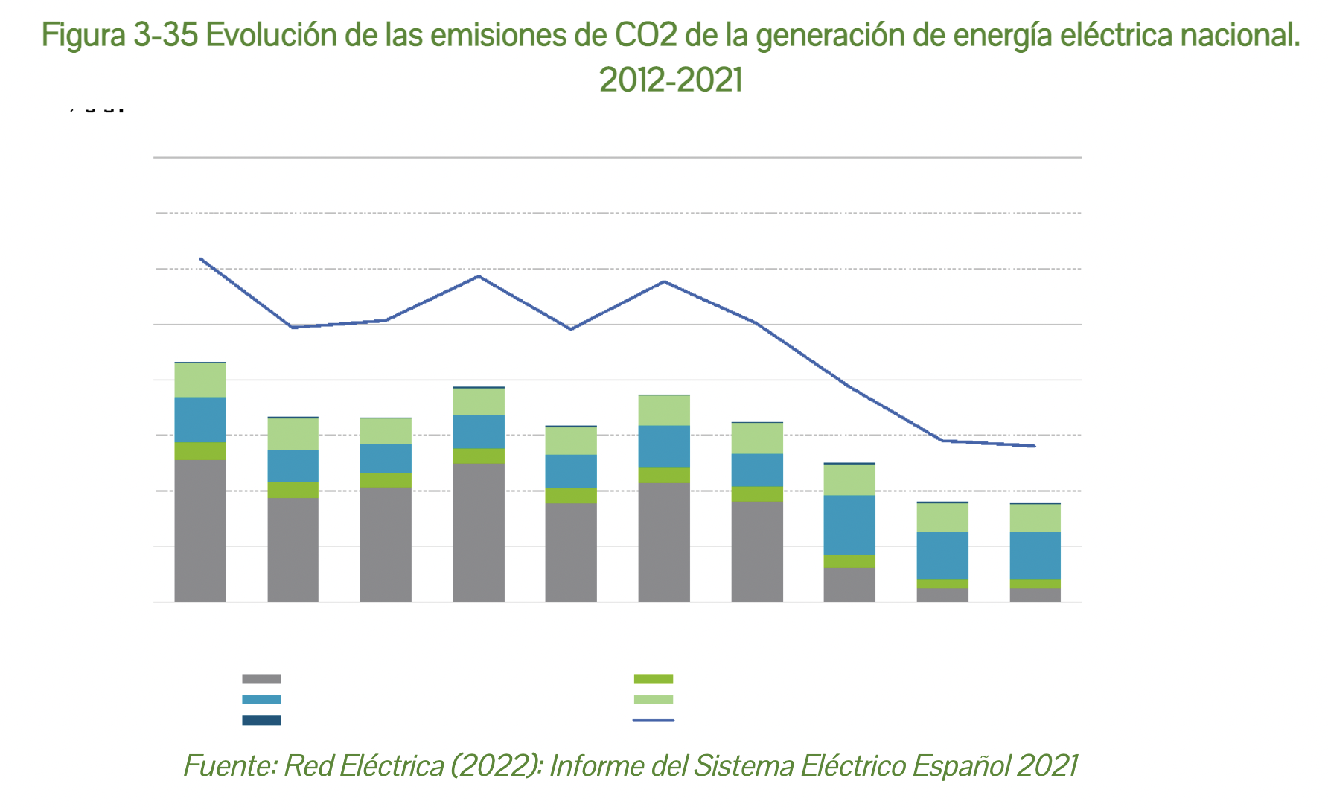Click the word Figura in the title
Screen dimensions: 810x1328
(83, 36)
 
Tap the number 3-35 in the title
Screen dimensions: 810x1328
(165, 36)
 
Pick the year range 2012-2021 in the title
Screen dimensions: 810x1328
(671, 80)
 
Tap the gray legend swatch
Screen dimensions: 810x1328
(261, 679)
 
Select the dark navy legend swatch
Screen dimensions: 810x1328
(261, 721)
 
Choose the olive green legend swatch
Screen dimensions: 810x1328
(654, 679)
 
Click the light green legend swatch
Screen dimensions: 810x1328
(654, 700)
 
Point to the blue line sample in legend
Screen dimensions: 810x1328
(654, 721)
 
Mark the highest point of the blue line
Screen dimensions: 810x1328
(200, 259)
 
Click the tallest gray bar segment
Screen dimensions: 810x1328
(200, 530)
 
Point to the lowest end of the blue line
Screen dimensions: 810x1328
(1035, 446)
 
